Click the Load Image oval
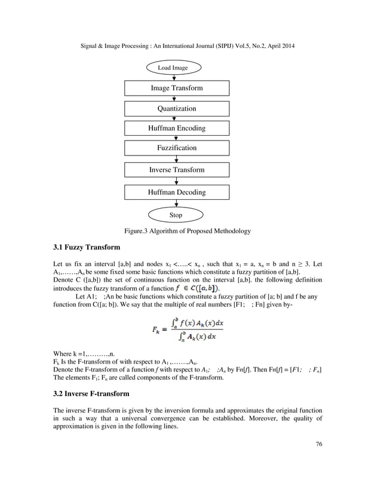(x=173, y=68)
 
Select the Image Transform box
(x=176, y=88)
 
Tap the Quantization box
(x=176, y=109)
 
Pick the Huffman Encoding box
(x=176, y=128)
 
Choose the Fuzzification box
(x=176, y=147)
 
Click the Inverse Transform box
(x=176, y=170)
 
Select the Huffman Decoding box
(x=176, y=192)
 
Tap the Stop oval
(x=176, y=215)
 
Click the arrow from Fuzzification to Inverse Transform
(x=176, y=158)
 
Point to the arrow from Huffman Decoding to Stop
(x=176, y=203)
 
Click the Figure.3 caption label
(x=187, y=231)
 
